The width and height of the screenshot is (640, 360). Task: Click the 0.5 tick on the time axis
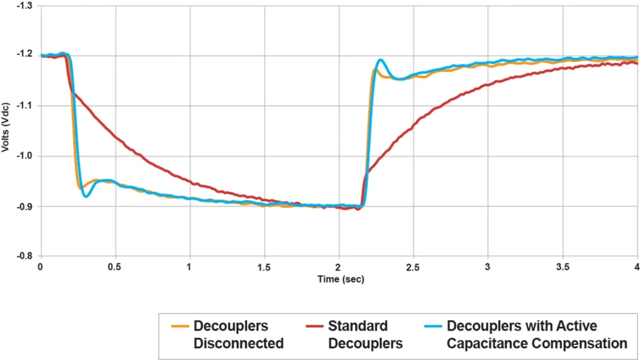[x=115, y=266]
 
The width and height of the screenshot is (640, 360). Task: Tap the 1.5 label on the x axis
[x=264, y=266]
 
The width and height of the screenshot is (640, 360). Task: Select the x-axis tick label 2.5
[x=413, y=266]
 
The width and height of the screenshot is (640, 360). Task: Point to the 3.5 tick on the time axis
[x=562, y=266]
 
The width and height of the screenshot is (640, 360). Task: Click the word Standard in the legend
[x=357, y=326]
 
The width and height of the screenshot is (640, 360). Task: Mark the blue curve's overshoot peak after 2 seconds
[x=381, y=60]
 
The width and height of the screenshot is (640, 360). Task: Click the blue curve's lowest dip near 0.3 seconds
[x=86, y=197]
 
